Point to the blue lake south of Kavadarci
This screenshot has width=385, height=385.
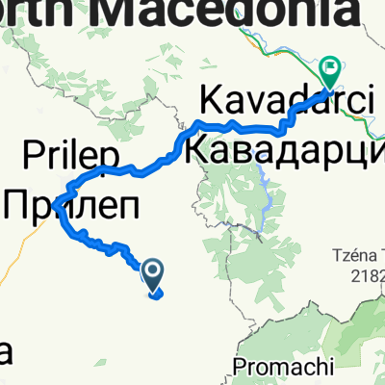(264, 178)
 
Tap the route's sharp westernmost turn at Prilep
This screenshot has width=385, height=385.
(58, 199)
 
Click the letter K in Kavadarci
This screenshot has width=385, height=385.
(210, 99)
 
